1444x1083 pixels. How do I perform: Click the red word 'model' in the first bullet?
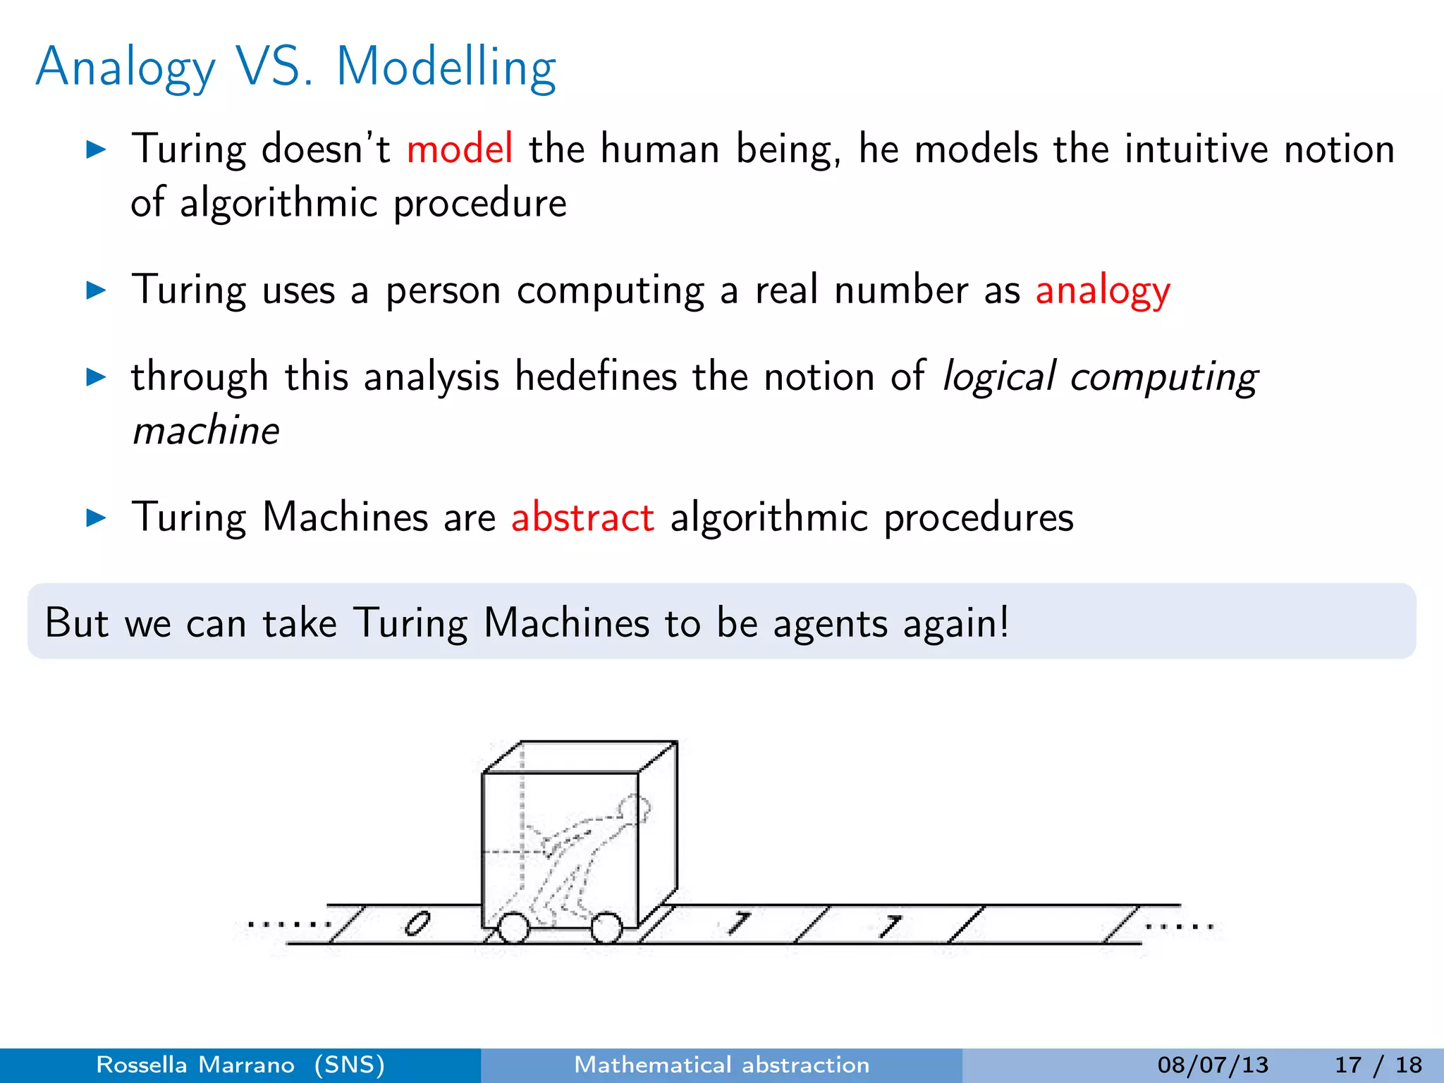(x=460, y=149)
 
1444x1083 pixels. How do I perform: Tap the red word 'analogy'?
(x=1103, y=290)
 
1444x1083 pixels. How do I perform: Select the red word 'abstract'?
(x=582, y=517)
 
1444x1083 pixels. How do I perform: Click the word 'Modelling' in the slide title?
(x=446, y=67)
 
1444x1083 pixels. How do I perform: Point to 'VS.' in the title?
(x=275, y=67)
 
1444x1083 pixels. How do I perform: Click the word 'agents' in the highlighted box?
(x=830, y=623)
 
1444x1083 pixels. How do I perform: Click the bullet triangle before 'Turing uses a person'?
(x=95, y=290)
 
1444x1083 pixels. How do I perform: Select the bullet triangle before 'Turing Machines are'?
(x=95, y=518)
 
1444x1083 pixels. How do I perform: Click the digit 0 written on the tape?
(x=417, y=923)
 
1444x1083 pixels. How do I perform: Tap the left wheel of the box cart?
(x=513, y=927)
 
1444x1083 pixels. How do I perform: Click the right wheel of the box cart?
(x=606, y=927)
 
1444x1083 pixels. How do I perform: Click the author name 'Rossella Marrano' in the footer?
(x=195, y=1065)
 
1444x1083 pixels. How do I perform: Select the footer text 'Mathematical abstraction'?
(x=722, y=1065)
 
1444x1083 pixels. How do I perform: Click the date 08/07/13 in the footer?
(x=1213, y=1065)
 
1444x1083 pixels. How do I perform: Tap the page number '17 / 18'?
(x=1378, y=1065)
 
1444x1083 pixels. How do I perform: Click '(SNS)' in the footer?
(x=350, y=1065)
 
